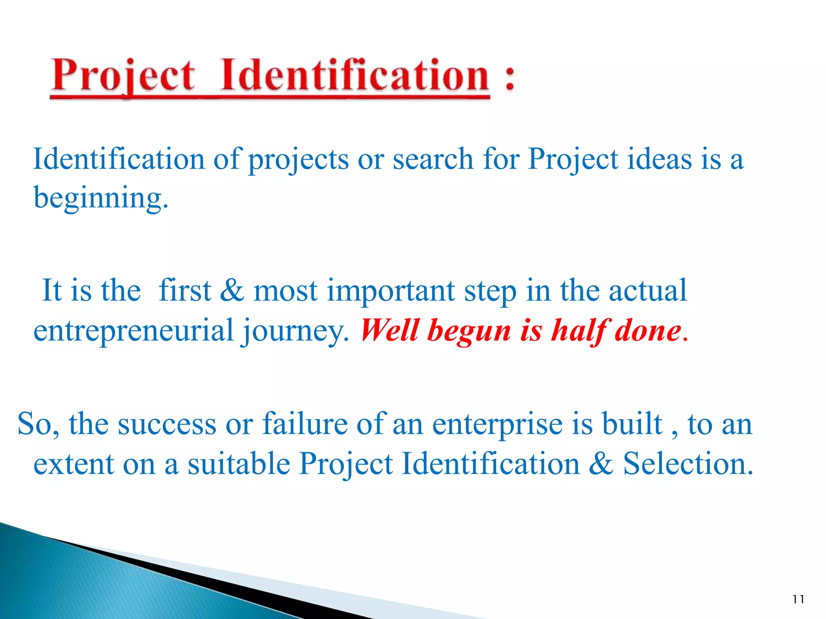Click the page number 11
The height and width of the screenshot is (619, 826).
coord(798,599)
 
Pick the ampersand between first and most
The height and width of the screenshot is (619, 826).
coord(232,290)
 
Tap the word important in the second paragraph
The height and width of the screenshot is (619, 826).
coord(390,291)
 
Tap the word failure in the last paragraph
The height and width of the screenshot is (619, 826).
coord(305,424)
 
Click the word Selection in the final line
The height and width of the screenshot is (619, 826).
coord(687,463)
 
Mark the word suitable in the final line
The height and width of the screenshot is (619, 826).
coord(239,463)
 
